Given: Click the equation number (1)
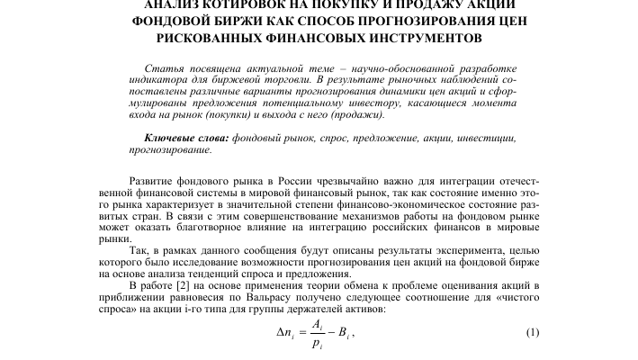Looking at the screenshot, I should pos(533,332).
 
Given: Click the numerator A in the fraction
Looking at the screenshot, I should pos(317,324).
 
